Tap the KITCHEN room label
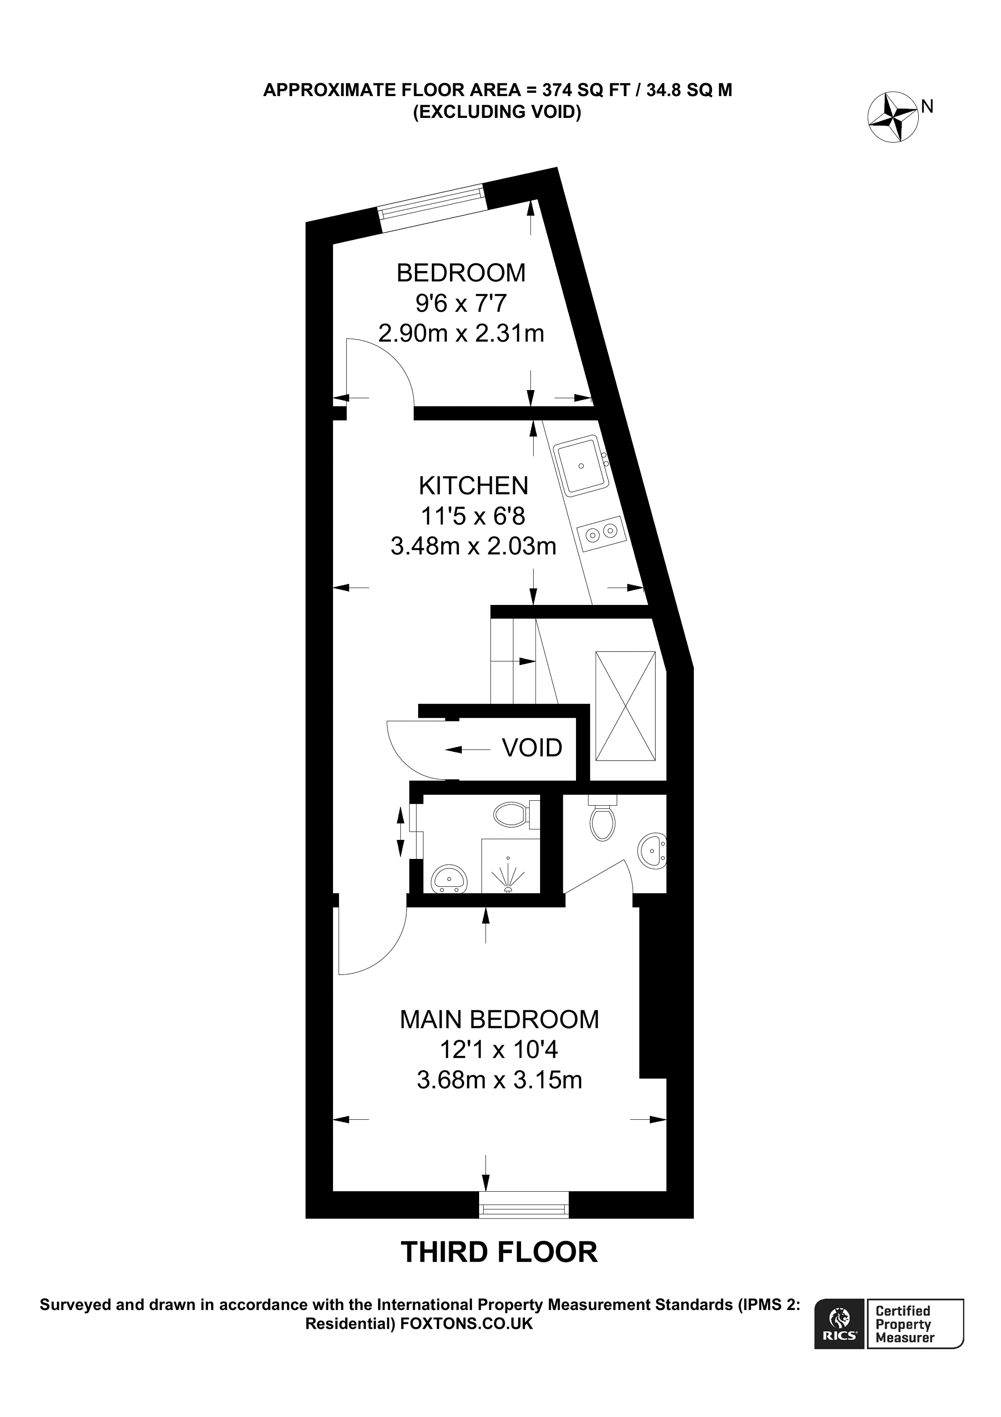[473, 486]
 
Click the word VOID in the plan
[531, 747]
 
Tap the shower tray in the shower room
[510, 865]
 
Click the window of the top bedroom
[432, 202]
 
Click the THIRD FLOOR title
[499, 1252]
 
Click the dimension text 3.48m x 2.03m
[473, 546]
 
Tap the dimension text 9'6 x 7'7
[461, 303]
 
